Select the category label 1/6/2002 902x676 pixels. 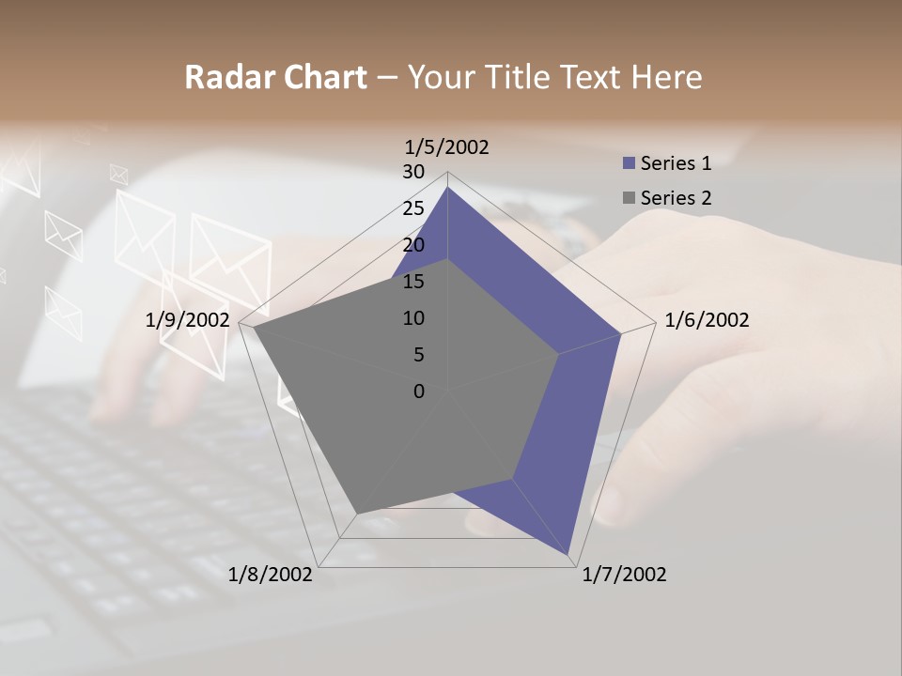707,320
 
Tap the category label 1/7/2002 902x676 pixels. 624,575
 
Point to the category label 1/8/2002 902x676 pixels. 271,575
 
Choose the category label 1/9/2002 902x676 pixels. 187,320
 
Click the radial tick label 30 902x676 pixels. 413,172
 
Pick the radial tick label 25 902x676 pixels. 413,208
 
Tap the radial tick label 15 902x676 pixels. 413,282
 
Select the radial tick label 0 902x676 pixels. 419,392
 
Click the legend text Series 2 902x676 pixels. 676,198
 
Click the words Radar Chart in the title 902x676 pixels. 275,77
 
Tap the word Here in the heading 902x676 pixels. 666,77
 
